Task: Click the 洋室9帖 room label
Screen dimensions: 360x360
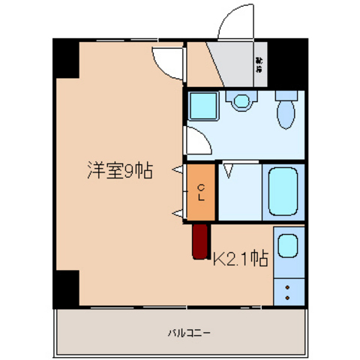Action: (x=118, y=172)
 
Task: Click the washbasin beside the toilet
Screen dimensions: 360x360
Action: (x=241, y=101)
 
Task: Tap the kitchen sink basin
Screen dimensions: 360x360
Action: (x=289, y=247)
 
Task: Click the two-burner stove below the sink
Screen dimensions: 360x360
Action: (x=289, y=290)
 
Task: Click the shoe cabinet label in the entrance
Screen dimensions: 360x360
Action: (x=259, y=64)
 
